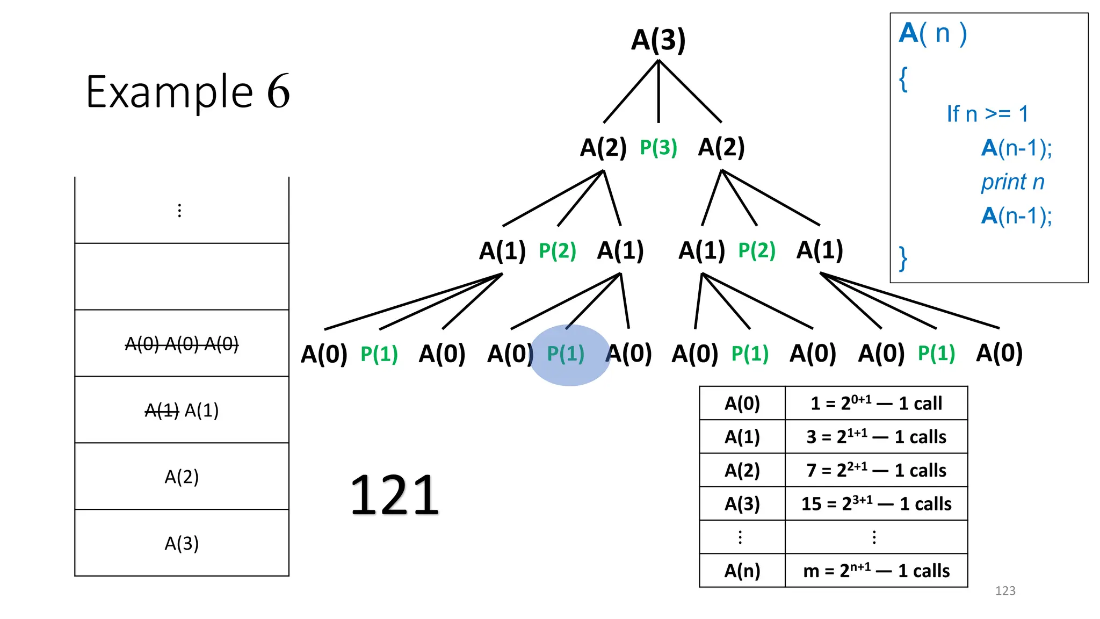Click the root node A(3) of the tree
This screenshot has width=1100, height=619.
coord(658,40)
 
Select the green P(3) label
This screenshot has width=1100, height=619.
coord(658,148)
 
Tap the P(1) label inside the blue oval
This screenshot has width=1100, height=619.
coord(566,354)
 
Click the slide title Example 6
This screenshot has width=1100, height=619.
coord(188,92)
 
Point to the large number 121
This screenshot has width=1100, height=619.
coord(394,495)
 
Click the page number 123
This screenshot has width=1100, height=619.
coord(1005,591)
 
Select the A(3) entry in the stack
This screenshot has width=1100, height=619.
coord(182,544)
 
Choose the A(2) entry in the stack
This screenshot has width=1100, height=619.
coord(182,477)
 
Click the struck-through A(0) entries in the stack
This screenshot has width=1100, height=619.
coord(182,344)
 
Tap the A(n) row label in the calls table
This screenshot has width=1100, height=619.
coord(742,571)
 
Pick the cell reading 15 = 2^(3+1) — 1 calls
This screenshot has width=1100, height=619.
coord(876,504)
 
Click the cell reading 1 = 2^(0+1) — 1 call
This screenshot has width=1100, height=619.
coord(876,404)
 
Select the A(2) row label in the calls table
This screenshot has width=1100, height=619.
coord(742,471)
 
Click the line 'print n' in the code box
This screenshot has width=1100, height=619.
coord(1012,182)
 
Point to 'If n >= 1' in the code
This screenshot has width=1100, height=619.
coord(987,114)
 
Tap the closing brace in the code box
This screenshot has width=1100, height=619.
coord(903,258)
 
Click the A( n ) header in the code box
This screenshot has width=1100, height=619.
coord(933,33)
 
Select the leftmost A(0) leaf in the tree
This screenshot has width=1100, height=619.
coord(324,355)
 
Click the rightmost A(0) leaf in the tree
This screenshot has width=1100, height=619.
coord(999,354)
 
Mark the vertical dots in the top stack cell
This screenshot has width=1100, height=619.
coord(179,211)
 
